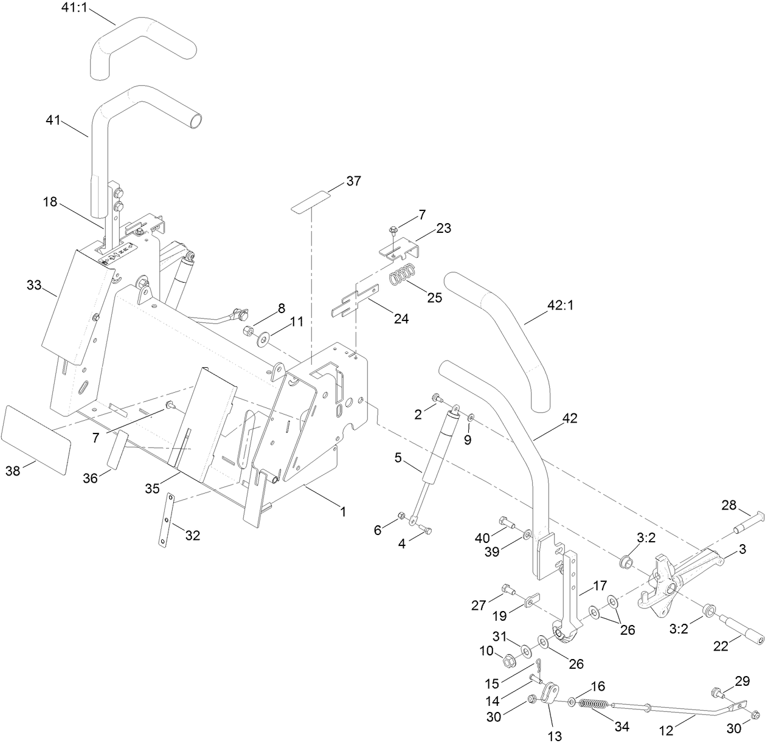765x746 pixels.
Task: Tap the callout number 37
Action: [x=353, y=181]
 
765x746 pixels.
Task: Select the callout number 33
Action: [x=34, y=284]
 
